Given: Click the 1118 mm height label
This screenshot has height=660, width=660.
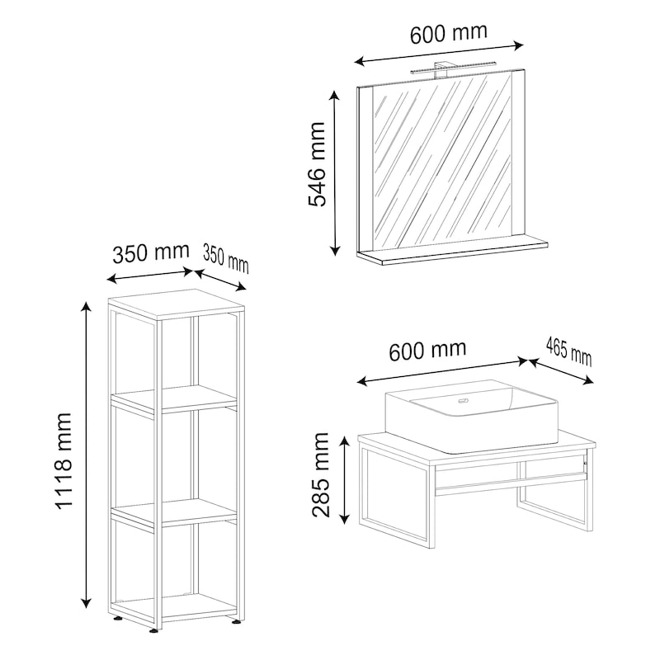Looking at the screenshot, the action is click(64, 461).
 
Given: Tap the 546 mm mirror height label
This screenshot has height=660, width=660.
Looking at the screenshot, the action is click(317, 164).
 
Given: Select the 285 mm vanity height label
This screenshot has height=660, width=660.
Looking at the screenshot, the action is click(320, 474).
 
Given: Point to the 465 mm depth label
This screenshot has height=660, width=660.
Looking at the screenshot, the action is click(569, 352).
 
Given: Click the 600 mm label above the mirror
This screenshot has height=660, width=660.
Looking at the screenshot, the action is click(449, 33).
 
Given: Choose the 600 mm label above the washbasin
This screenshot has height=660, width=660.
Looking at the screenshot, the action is click(427, 351).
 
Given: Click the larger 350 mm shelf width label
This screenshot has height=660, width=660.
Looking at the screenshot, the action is click(151, 253).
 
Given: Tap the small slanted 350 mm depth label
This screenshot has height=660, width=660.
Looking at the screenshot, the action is click(225, 259).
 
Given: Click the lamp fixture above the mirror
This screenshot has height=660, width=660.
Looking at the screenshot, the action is click(445, 70).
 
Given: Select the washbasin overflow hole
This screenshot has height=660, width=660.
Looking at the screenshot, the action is click(464, 400).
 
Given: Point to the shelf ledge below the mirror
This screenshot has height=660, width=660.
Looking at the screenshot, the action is click(452, 252).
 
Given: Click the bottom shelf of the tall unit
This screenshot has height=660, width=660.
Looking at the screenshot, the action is click(177, 607).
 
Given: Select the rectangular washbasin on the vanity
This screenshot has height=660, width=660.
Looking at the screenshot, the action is click(471, 416).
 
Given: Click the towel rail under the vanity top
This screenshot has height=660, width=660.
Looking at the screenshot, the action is click(511, 483).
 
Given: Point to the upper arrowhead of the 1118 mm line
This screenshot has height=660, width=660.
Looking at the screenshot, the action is click(87, 306).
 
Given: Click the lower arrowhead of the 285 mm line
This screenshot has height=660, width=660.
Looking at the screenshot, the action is click(344, 519).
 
